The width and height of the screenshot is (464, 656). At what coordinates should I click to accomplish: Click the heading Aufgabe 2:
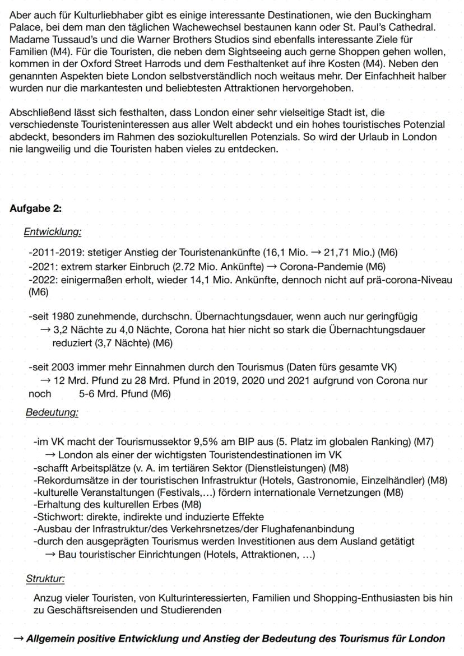coord(36,209)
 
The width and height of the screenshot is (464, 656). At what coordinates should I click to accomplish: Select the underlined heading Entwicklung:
coord(53,231)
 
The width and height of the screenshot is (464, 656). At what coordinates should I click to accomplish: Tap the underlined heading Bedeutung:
coord(52,413)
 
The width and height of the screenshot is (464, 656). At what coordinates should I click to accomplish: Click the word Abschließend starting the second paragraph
coord(38,112)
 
